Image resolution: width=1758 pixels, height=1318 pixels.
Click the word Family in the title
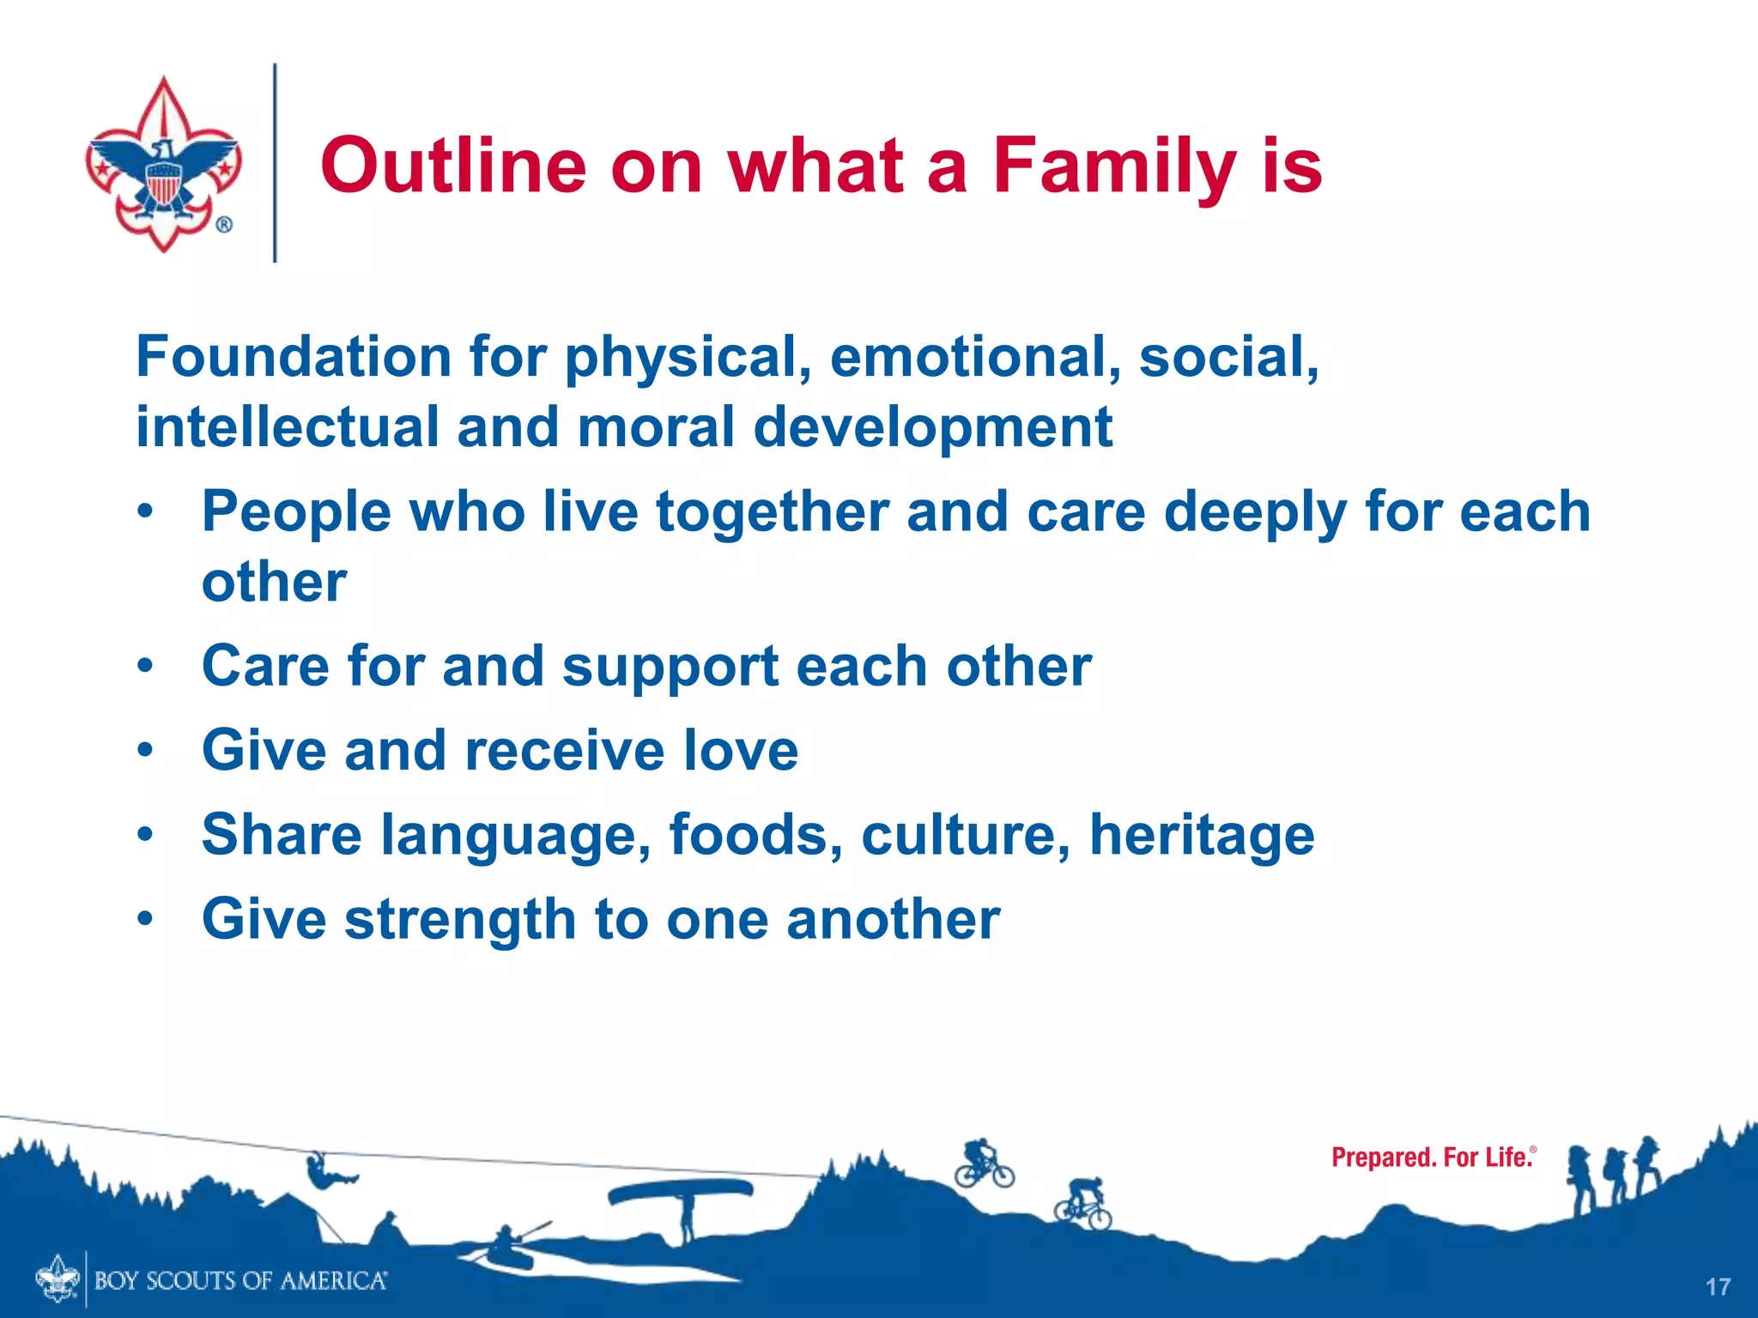tap(1114, 168)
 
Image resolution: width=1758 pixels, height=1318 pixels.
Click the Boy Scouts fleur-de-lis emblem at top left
tap(163, 163)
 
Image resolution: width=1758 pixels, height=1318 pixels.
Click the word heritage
tap(1202, 837)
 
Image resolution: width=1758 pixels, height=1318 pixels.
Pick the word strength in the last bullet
tap(460, 921)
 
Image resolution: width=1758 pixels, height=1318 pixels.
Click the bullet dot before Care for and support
tap(146, 666)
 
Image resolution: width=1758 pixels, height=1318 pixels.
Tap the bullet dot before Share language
tap(146, 834)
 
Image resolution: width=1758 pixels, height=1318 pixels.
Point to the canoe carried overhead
tap(681, 1192)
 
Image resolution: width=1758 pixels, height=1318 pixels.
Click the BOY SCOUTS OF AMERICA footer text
tap(240, 1281)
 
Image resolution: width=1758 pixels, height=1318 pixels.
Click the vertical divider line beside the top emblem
tap(275, 163)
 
